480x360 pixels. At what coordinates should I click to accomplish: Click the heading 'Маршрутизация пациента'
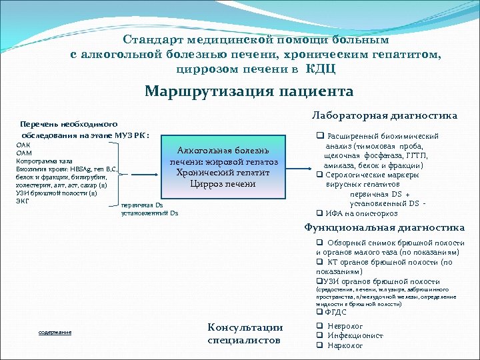pyautogui.click(x=249, y=91)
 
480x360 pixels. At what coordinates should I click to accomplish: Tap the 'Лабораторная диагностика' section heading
pyautogui.click(x=385, y=115)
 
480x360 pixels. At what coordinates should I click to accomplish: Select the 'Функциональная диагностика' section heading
pyautogui.click(x=385, y=227)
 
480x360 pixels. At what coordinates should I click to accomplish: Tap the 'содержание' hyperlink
pyautogui.click(x=55, y=332)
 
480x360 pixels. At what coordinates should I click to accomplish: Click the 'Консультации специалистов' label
pyautogui.click(x=245, y=334)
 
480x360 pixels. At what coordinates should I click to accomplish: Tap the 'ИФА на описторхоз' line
pyautogui.click(x=361, y=213)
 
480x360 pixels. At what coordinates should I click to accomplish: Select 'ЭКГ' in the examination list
pyautogui.click(x=22, y=201)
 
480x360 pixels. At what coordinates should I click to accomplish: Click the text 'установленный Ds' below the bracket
pyautogui.click(x=150, y=213)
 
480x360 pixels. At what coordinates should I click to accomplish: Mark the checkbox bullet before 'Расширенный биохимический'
pyautogui.click(x=319, y=136)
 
